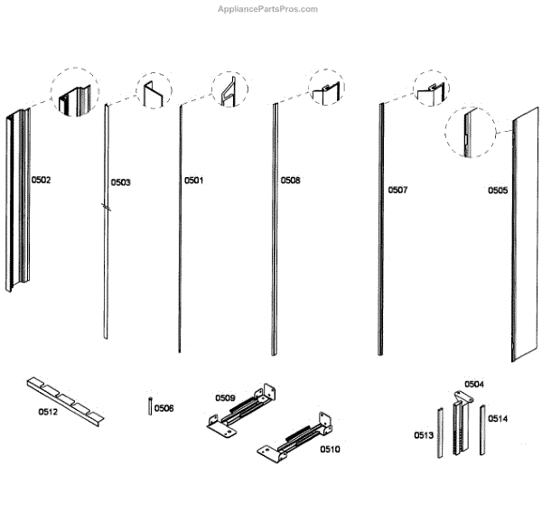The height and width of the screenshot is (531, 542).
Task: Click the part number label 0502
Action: click(41, 180)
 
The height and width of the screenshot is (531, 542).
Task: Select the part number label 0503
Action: click(121, 182)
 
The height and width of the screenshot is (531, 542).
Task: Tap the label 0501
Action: click(194, 181)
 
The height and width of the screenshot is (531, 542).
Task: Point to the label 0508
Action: click(290, 181)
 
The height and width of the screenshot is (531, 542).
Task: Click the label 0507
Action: click(397, 190)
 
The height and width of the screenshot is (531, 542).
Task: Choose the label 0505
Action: click(498, 191)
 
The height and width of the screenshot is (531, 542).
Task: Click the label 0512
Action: click(48, 412)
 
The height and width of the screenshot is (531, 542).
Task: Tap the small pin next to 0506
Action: click(150, 406)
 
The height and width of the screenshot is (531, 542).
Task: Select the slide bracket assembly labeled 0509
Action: click(241, 410)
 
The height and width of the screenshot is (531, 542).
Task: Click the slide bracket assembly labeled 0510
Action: click(294, 438)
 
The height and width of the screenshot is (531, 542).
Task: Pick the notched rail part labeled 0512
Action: click(65, 402)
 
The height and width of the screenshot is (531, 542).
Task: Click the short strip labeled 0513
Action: click(441, 433)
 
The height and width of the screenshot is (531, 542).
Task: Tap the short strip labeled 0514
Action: click(482, 430)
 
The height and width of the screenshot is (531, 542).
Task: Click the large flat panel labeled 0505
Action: click(525, 235)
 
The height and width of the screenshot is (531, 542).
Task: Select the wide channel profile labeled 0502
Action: click(18, 200)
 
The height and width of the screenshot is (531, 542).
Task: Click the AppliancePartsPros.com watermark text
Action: click(267, 9)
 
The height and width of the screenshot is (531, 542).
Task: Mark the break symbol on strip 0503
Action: click(106, 207)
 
